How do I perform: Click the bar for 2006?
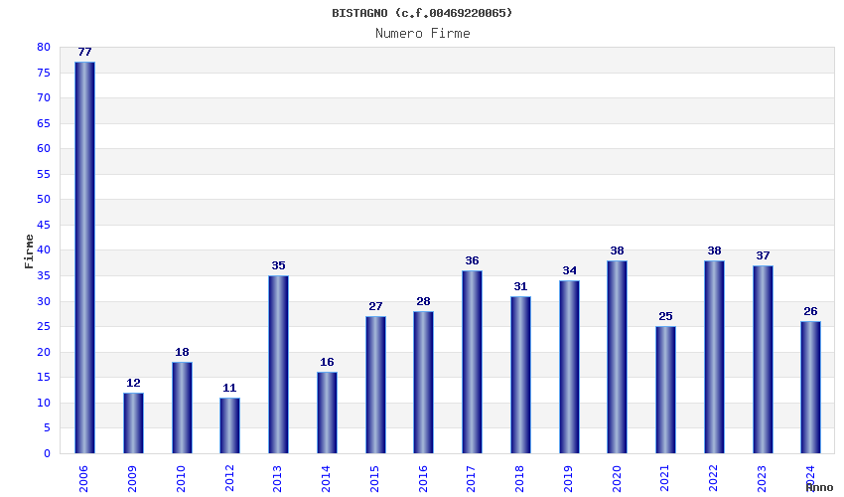[84, 257]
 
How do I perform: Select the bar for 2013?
[278, 364]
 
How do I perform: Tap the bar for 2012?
[229, 425]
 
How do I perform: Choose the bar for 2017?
[472, 362]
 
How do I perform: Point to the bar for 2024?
[810, 387]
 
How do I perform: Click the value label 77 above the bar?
[84, 52]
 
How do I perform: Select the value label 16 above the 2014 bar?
[327, 362]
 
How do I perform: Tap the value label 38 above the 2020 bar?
[617, 250]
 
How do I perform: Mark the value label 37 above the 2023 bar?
[763, 255]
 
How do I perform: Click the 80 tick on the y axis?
[43, 47]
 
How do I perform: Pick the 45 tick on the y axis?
[43, 225]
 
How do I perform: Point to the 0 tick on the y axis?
[47, 453]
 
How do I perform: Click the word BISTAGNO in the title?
[359, 13]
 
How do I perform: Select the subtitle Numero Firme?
[422, 33]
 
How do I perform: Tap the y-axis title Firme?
[29, 250]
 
